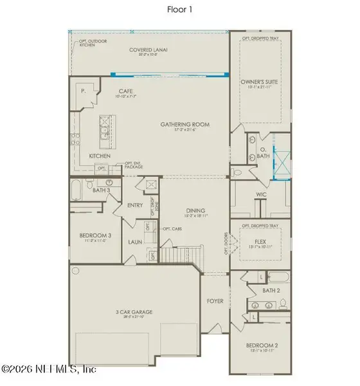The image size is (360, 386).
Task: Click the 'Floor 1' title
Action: click(x=179, y=10)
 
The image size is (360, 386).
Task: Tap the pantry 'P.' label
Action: click(x=84, y=91)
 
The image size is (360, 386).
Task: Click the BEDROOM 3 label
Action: click(x=95, y=235)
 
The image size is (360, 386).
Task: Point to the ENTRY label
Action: click(x=135, y=205)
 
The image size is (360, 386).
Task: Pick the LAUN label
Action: click(x=134, y=243)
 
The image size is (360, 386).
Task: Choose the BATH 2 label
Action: click(x=271, y=290)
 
